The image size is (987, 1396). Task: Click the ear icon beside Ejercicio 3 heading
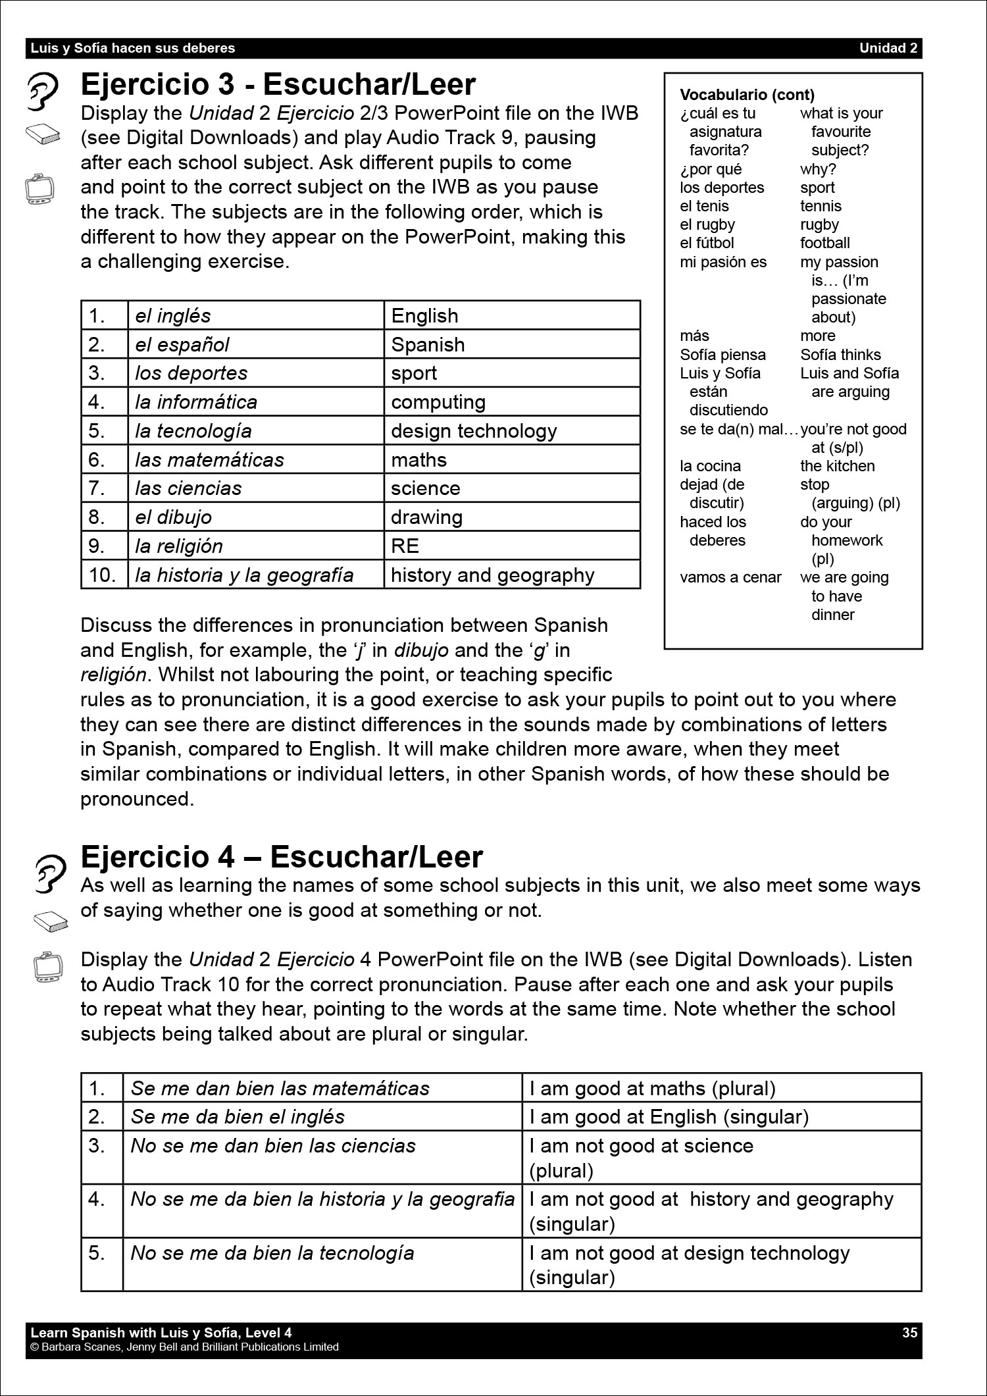point(43,91)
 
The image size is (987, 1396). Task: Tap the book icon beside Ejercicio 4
point(51,921)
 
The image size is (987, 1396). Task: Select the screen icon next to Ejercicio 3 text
point(39,189)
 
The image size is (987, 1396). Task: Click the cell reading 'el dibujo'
point(174,517)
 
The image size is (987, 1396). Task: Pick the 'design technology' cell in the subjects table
point(474,431)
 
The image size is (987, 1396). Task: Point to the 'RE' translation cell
point(405,546)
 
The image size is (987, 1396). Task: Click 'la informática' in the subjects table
point(196,402)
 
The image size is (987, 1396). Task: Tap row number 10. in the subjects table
point(102,575)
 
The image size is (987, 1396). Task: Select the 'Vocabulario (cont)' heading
point(747,95)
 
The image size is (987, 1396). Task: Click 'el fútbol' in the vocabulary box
point(707,244)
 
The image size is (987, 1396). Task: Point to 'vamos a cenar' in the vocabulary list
point(730,578)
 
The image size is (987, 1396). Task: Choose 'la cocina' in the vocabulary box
point(710,466)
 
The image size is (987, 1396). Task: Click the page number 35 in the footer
point(909,1333)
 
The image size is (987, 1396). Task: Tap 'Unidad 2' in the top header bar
point(888,48)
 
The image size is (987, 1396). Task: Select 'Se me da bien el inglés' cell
point(238,1117)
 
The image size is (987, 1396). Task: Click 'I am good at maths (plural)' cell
point(652,1089)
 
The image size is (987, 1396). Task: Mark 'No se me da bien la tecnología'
point(272,1253)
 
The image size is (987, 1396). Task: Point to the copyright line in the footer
point(184,1347)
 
